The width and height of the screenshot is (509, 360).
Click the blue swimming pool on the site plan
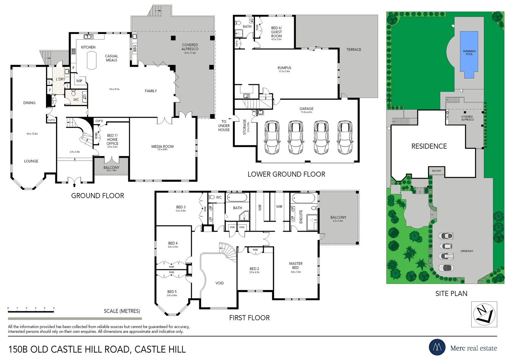coord(469,55)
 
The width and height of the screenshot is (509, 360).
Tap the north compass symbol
coord(484,314)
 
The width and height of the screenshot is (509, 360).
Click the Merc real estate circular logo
coord(437,347)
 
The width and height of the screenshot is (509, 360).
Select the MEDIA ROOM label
coord(162,147)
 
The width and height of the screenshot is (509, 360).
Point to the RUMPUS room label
coord(284,68)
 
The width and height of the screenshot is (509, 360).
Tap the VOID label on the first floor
coord(220,283)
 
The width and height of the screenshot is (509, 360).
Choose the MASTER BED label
coord(295,265)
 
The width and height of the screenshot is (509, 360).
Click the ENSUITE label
coord(301,216)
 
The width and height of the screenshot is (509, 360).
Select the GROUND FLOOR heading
coord(98,196)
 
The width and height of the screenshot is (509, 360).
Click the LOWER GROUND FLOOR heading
coord(286,174)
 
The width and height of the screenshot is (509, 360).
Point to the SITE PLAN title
coord(451,294)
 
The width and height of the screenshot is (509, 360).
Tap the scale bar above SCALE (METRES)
coord(31,312)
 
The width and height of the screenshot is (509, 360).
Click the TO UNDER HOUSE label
coord(224,126)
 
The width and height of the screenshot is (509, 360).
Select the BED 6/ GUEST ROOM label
coord(276,32)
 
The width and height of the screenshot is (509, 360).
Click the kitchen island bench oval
coord(92,60)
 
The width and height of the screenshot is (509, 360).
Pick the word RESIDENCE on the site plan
coord(429,146)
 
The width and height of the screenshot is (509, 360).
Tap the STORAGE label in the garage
coord(245,127)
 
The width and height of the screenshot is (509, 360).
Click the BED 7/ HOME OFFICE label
coord(112,140)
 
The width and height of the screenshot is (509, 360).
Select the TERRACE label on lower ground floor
coord(353,50)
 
